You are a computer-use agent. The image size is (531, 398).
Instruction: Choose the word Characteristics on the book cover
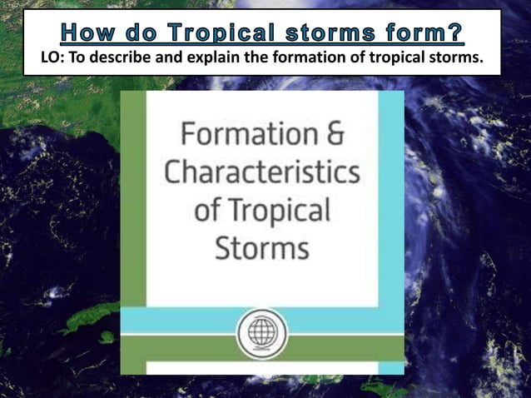click(x=262, y=172)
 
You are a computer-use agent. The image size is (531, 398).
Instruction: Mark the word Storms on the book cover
click(x=262, y=246)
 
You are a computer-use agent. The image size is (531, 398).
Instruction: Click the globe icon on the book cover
click(x=262, y=335)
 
